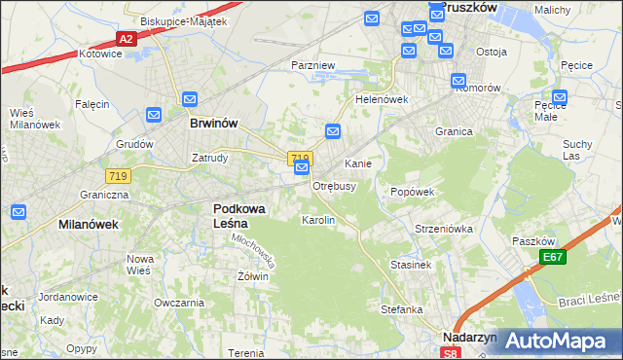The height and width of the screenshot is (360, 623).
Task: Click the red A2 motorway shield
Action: click(126, 38)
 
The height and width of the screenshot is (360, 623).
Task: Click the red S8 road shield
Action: click(447, 352)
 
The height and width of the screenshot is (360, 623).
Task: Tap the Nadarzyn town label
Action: click(469, 337)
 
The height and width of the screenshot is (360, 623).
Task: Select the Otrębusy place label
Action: click(334, 186)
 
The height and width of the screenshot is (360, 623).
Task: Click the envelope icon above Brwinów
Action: click(189, 99)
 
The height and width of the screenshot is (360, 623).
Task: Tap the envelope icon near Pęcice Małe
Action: click(559, 96)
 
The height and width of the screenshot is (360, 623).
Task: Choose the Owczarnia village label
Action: click(178, 303)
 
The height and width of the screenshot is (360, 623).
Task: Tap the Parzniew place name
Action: click(312, 65)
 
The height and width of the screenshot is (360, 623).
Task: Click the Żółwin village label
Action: click(252, 276)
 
